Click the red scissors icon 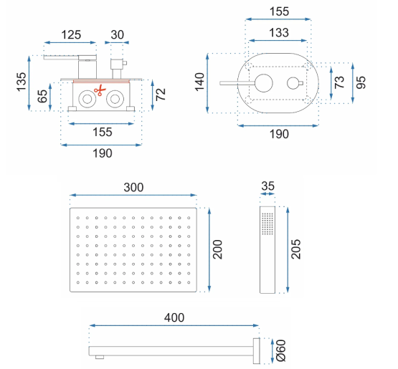pyautogui.click(x=100, y=90)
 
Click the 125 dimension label pyautogui.click(x=71, y=34)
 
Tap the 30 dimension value pyautogui.click(x=118, y=34)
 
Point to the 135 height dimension pyautogui.click(x=22, y=82)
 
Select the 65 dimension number pyautogui.click(x=42, y=96)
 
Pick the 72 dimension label pyautogui.click(x=161, y=95)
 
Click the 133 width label pyautogui.click(x=279, y=33)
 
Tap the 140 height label pyautogui.click(x=200, y=82)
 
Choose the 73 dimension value pyautogui.click(x=339, y=82)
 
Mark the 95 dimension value pyautogui.click(x=361, y=82)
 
